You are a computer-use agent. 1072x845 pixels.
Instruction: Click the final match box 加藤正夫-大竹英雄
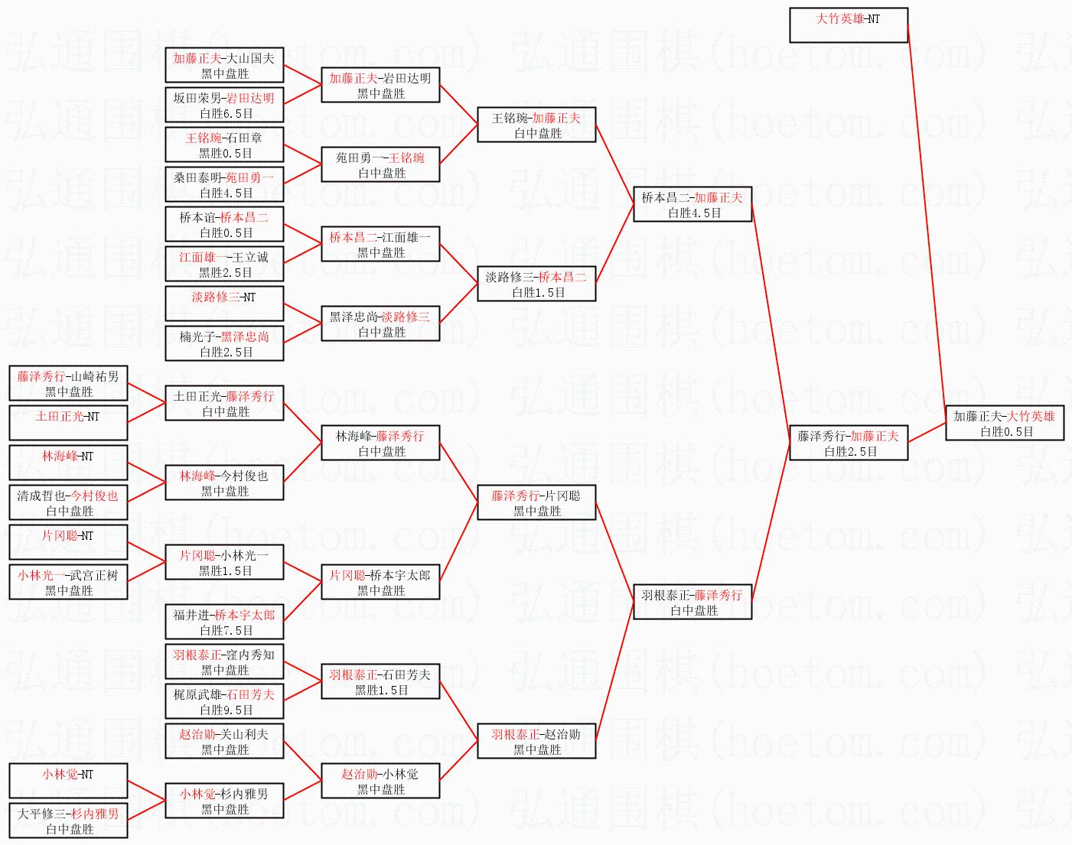[1004, 424]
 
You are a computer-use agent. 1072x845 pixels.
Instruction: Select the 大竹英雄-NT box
[848, 25]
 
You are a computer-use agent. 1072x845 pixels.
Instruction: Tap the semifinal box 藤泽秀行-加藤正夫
[848, 444]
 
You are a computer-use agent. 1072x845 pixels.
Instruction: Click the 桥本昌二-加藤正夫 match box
[692, 205]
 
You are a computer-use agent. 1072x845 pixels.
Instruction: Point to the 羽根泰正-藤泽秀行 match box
[692, 603]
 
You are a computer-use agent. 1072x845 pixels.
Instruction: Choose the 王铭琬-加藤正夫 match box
[536, 125]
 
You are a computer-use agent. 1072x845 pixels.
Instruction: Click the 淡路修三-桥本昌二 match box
[536, 284]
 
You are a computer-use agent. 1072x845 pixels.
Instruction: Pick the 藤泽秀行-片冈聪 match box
[536, 503]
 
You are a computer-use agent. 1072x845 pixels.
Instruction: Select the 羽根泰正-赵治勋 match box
[536, 742]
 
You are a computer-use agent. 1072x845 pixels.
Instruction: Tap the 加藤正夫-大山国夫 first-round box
[224, 66]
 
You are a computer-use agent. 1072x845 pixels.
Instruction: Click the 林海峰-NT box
[68, 463]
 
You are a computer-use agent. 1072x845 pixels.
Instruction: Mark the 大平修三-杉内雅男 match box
[68, 821]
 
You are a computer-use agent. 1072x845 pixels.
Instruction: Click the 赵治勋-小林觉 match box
[380, 782]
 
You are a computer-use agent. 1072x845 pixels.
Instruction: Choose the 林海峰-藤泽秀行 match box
[380, 444]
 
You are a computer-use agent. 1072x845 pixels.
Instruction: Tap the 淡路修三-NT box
[224, 304]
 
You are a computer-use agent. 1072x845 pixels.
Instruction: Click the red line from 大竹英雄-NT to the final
[926, 222]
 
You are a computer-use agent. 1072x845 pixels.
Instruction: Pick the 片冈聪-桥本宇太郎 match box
[380, 583]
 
